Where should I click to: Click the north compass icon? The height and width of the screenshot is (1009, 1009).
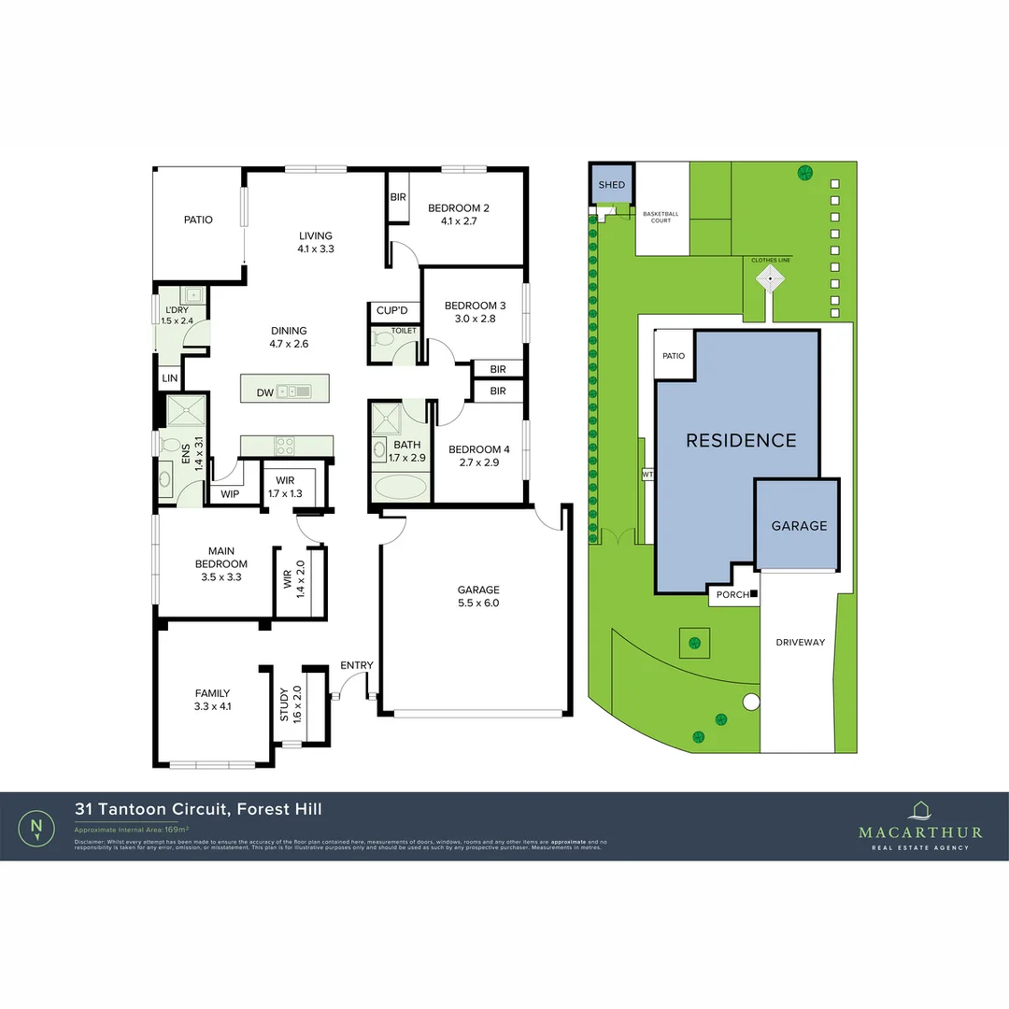coord(36,826)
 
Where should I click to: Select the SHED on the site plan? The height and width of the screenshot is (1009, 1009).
coord(612,185)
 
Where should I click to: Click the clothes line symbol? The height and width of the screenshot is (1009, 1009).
coord(770,277)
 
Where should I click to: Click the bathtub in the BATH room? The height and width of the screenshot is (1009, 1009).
coord(401,487)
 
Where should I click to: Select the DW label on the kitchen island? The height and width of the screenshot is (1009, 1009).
coord(265,393)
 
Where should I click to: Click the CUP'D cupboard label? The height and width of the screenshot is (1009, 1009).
coord(392,310)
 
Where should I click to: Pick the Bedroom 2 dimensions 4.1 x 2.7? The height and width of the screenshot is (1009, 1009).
coord(459,222)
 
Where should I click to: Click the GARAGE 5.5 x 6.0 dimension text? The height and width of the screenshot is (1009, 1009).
coord(478,604)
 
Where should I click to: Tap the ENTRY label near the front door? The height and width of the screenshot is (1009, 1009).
coord(357,665)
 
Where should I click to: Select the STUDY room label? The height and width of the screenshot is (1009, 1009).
coord(285,704)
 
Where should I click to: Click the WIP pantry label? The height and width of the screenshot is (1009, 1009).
coord(230,493)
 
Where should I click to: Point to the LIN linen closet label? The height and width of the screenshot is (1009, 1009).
coord(169,378)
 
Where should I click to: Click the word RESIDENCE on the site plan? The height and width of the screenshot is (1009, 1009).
coord(741,440)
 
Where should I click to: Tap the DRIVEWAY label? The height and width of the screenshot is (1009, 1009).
coord(801,642)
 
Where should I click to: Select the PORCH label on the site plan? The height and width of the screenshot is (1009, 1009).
coord(732,594)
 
